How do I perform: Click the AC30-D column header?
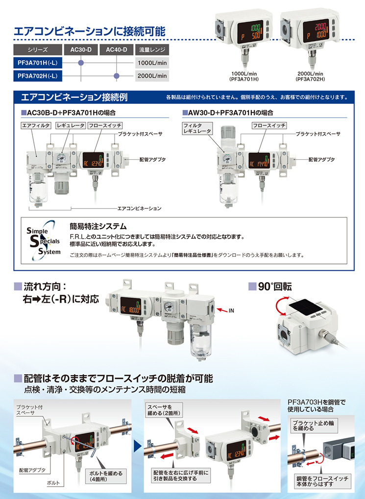click(81, 49)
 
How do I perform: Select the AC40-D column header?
click(116, 49)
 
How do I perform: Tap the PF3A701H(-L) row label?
click(38, 63)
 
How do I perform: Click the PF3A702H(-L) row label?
click(38, 76)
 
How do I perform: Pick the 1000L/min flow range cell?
click(152, 63)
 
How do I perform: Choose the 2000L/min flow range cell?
click(152, 76)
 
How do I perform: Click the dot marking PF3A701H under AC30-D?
click(81, 63)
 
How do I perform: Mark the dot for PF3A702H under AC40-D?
click(117, 76)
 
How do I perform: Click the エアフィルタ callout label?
click(36, 125)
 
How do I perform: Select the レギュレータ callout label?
click(71, 125)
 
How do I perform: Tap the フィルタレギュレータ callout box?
click(197, 128)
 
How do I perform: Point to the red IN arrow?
click(222, 310)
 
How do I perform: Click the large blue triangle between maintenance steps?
click(138, 446)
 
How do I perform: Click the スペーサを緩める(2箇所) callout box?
click(164, 410)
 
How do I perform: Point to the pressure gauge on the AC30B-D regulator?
click(61, 158)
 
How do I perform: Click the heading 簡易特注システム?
click(98, 226)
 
